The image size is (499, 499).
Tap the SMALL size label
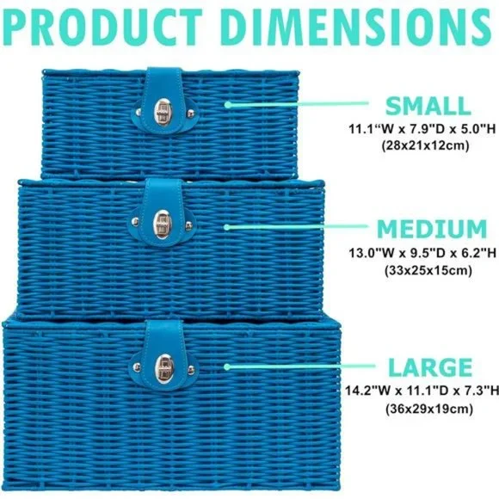pos(428,106)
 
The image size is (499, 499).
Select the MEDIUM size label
pos(432,229)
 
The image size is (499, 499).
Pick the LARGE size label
pos(430,367)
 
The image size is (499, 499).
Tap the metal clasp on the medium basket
pos(162,224)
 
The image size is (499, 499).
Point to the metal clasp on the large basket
pos(163,367)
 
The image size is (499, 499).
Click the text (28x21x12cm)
pos(425,145)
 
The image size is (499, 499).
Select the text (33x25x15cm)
pos(428,270)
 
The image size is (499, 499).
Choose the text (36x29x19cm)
pos(429,409)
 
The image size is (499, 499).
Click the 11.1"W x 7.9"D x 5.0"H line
pos(422,129)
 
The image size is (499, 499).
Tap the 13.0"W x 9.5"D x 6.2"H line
pos(422,253)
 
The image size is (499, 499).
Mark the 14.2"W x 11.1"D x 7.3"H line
pos(422,391)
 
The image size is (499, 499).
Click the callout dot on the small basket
pos(227,104)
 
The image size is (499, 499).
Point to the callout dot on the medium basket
pos(226,227)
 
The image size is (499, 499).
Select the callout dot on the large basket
pos(227,367)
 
